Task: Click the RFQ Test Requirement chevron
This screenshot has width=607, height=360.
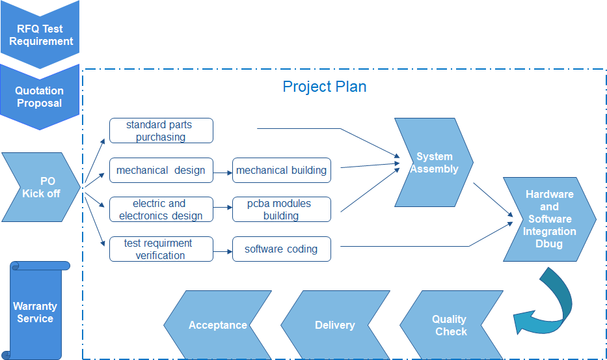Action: (x=40, y=35)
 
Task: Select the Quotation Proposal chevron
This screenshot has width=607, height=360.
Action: (x=40, y=97)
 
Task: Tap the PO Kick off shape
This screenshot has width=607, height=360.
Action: (x=41, y=187)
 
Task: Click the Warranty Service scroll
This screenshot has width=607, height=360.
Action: (x=36, y=311)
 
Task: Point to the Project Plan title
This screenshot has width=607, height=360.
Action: (x=324, y=87)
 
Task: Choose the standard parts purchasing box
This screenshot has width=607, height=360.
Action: (x=161, y=131)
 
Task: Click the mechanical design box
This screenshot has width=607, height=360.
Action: (x=161, y=171)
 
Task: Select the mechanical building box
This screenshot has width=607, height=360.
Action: (x=281, y=171)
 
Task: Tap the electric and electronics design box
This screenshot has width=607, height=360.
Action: (x=161, y=210)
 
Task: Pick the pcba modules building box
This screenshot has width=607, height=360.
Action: (x=281, y=210)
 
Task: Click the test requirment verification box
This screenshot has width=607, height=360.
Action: (x=161, y=249)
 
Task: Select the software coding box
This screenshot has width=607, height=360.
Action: (x=281, y=249)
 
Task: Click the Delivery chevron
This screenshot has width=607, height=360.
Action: (x=334, y=325)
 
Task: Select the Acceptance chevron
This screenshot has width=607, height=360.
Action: (x=217, y=325)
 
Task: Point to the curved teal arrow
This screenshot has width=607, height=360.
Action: (x=550, y=303)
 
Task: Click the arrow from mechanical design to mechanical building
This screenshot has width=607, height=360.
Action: (x=223, y=173)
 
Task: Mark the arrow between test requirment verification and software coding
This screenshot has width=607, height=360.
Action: (x=223, y=250)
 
